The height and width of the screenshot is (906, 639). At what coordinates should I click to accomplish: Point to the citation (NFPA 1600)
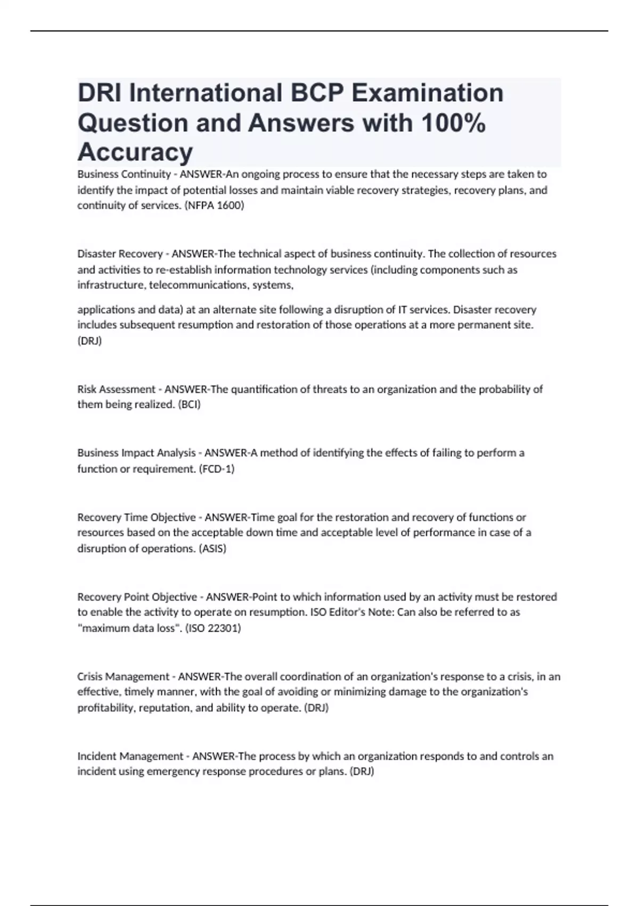(x=214, y=205)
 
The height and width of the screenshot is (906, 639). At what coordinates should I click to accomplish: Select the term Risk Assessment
(x=117, y=389)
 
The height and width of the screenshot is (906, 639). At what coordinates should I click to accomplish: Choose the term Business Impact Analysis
(x=136, y=453)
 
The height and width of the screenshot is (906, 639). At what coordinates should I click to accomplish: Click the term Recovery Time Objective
(x=136, y=517)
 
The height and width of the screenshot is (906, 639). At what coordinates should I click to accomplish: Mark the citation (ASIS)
(x=212, y=548)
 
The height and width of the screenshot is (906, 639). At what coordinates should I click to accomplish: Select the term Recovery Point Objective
(x=137, y=597)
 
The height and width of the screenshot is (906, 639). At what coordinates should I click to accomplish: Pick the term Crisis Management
(x=123, y=677)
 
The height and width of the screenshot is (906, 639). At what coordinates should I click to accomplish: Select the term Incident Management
(x=130, y=756)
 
